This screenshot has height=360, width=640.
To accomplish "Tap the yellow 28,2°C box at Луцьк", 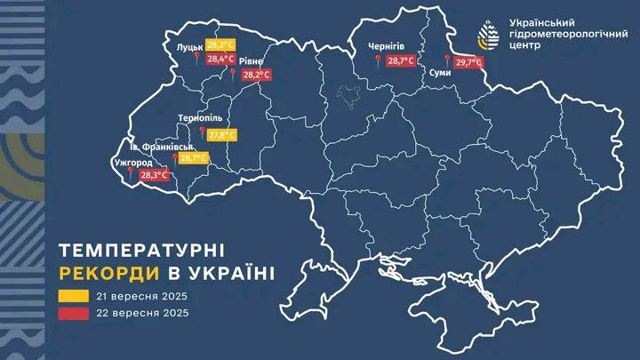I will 220,44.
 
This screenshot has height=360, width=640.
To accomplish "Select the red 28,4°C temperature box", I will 220,60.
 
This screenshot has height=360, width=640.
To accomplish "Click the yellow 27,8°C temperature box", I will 222,135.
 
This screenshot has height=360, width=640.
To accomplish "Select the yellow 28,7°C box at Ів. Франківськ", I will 194,159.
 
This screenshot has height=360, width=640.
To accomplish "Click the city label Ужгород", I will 132,164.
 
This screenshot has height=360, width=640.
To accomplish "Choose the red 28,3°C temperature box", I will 154,175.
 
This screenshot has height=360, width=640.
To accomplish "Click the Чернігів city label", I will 386,45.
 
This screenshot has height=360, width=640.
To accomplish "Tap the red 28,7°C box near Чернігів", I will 402,62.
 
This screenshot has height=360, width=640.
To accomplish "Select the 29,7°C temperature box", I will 468,63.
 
